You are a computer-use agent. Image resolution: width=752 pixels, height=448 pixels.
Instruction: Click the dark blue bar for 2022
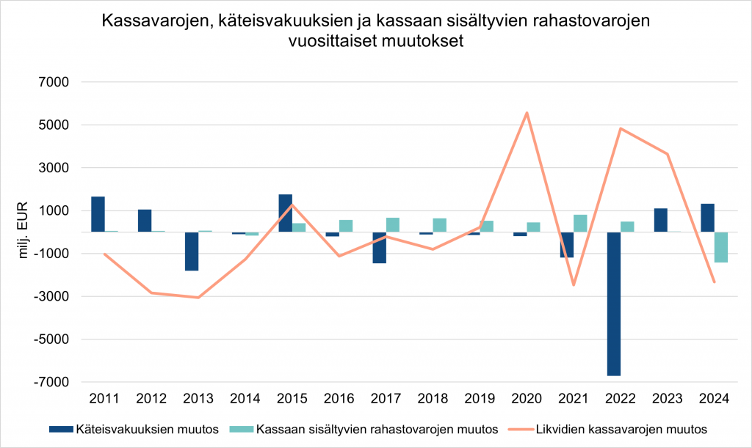(614, 304)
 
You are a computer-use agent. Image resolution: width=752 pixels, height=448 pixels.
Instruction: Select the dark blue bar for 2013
(192, 251)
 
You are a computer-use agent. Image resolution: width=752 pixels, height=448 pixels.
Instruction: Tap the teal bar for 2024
(721, 247)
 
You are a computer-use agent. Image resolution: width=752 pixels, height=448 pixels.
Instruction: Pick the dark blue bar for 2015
(286, 213)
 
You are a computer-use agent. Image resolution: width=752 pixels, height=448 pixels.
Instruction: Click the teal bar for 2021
(580, 224)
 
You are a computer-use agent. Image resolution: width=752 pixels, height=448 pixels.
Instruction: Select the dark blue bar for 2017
(379, 248)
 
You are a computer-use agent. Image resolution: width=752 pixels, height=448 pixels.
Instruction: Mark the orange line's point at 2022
(621, 128)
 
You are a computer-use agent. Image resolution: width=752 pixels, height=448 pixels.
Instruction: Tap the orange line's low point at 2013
(198, 298)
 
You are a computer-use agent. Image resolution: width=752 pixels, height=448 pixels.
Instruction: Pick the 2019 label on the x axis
(480, 399)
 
